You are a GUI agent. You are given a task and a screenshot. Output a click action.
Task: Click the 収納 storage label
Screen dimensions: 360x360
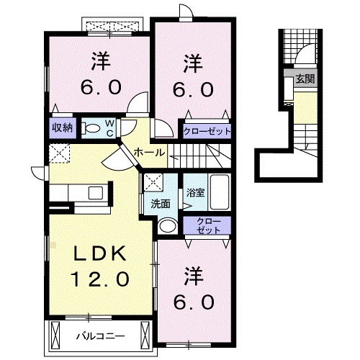tap(61, 128)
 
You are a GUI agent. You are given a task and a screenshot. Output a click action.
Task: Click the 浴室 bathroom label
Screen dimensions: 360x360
tap(194, 193)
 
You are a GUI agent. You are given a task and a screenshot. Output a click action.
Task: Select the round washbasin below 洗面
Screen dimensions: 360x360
tap(166, 226)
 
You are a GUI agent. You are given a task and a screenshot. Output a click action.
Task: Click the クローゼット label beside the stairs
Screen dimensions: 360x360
tap(207, 131)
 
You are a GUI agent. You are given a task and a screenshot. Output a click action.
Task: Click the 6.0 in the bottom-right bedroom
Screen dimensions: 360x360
tap(193, 301)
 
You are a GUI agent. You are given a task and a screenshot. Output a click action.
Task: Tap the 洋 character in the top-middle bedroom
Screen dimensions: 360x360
tap(192, 63)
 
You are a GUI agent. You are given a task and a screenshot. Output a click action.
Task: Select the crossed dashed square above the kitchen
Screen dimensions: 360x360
tap(58, 153)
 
